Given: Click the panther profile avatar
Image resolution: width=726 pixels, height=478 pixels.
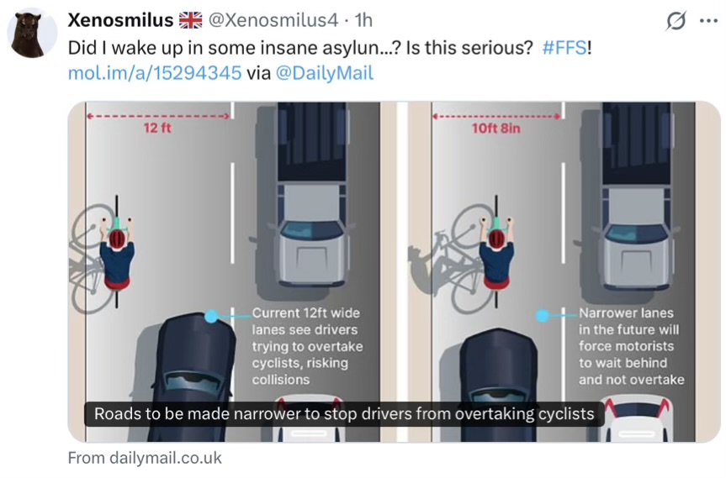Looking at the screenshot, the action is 32,34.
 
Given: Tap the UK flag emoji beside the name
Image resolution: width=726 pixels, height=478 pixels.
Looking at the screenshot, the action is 191,20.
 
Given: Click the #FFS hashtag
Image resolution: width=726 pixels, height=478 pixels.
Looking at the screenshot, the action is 564,48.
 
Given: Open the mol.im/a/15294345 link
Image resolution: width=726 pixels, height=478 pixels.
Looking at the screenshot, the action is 155,73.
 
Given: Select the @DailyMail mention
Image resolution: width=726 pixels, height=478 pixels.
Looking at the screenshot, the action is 324,73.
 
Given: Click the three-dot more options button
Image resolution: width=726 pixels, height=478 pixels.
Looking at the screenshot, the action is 708,21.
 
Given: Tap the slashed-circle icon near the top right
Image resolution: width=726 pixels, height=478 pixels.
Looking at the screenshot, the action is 676,21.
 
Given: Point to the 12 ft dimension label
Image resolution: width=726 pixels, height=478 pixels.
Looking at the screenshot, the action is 157,128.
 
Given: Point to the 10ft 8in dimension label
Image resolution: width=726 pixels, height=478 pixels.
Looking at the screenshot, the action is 495,128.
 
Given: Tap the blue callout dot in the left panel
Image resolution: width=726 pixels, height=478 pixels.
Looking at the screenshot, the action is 211,316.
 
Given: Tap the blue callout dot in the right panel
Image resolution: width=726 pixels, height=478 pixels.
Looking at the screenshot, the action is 542,315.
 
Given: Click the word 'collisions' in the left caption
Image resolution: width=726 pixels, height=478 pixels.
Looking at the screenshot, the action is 281,380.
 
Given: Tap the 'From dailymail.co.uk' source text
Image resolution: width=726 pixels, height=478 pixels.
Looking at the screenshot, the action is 145,458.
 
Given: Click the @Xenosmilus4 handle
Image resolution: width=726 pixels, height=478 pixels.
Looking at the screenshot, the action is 273,20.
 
